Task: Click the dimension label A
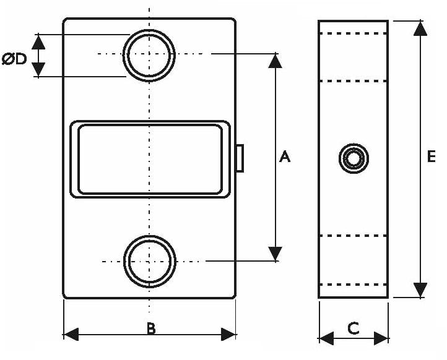285,157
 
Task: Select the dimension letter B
152,328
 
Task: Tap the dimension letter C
354,328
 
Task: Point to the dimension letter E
432,156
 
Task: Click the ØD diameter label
14,59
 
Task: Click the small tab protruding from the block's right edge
240,158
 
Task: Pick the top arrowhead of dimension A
275,61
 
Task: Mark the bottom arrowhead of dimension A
275,254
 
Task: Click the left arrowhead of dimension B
71,335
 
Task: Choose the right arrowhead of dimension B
228,335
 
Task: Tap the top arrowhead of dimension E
420,28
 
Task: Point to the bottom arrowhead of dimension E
420,290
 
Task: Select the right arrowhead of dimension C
381,338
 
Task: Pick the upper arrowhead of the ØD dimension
38,42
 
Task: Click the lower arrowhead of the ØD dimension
38,69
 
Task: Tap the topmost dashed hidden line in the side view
354,33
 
